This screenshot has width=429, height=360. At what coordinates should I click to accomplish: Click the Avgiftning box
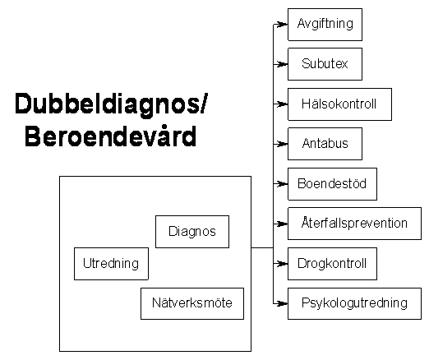click(325, 25)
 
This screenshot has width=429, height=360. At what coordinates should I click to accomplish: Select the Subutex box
click(325, 64)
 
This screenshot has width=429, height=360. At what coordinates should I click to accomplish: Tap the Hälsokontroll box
click(339, 104)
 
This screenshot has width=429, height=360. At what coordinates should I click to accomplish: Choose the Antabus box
click(325, 144)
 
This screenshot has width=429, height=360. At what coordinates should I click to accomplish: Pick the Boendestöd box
click(332, 184)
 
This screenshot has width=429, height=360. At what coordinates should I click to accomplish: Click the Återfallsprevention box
click(354, 224)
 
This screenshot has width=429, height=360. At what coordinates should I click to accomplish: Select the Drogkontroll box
click(332, 264)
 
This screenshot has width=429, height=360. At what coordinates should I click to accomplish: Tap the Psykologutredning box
click(354, 303)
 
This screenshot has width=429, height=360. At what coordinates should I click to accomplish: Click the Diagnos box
click(192, 232)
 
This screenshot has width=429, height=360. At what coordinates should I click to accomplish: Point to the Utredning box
click(111, 264)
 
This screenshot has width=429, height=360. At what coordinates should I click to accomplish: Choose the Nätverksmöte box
click(192, 303)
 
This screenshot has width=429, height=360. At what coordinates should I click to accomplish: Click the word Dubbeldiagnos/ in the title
click(111, 104)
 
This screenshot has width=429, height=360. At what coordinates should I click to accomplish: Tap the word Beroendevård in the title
click(111, 136)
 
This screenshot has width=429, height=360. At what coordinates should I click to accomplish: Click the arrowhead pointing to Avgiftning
click(282, 25)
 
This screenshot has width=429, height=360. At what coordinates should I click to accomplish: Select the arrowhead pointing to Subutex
click(282, 64)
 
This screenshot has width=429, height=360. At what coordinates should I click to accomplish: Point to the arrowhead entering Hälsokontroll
click(282, 104)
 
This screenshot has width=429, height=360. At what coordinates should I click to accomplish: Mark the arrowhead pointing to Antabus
click(282, 144)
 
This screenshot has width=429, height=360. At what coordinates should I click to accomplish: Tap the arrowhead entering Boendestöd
click(282, 184)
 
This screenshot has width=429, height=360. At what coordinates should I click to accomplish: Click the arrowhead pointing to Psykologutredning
click(282, 303)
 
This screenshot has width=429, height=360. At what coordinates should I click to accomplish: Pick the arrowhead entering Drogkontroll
click(282, 264)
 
